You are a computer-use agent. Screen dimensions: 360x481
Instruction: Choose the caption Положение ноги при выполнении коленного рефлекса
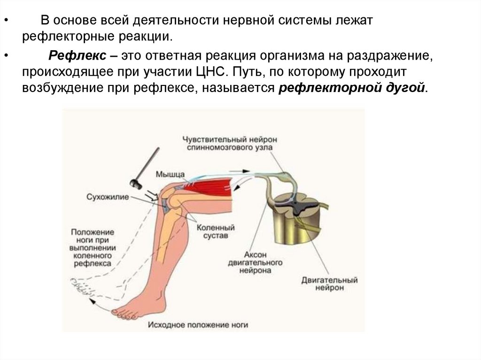point(93,248)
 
